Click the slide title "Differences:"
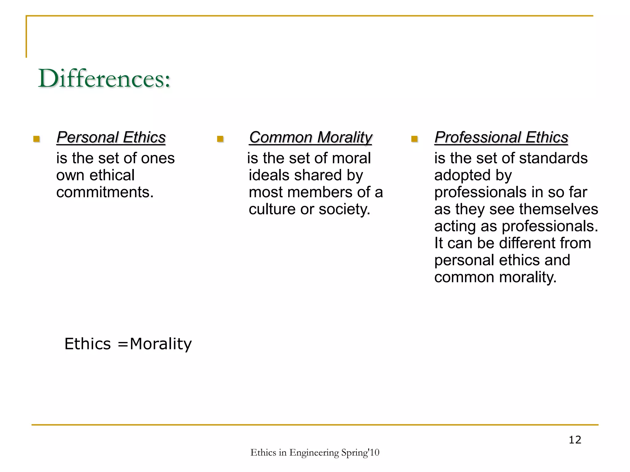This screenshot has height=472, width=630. (x=104, y=79)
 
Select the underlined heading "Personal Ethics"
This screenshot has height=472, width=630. (x=111, y=137)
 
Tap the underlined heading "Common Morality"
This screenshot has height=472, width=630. (x=311, y=137)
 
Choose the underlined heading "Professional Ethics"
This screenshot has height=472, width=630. (x=501, y=137)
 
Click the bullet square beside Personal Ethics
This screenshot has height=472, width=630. (x=37, y=139)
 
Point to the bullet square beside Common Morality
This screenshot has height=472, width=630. (x=220, y=139)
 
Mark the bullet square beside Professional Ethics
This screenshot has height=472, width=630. (x=414, y=139)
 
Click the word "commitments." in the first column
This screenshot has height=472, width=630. (x=105, y=192)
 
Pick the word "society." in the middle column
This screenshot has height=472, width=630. (x=345, y=210)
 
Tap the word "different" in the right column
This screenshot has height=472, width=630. (x=527, y=243)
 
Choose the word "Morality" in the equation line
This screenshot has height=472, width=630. (x=161, y=344)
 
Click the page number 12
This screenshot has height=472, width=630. (x=575, y=440)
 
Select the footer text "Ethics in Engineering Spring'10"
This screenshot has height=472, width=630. (x=315, y=453)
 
